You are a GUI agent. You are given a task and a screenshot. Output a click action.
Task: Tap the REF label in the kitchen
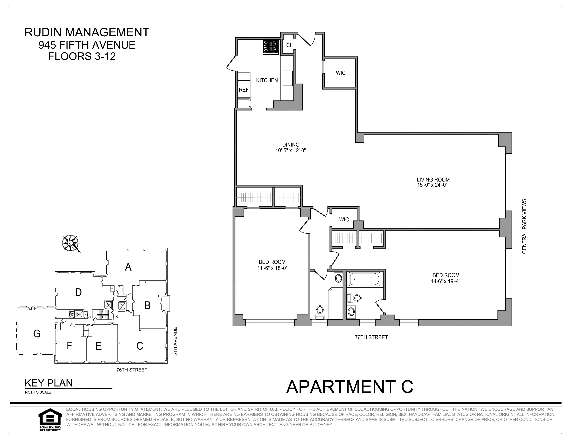[244, 90]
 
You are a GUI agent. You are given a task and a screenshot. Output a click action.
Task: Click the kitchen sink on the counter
[288, 78]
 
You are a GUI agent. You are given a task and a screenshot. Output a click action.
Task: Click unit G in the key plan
[37, 334]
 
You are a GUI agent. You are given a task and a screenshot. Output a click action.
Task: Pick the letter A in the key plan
[128, 267]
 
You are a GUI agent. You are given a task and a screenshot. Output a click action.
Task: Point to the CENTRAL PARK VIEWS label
[524, 226]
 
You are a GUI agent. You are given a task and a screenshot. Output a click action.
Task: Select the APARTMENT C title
[350, 387]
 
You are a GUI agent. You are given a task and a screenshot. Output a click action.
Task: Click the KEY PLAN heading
[49, 383]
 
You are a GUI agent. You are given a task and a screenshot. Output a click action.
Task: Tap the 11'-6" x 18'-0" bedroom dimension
[272, 268]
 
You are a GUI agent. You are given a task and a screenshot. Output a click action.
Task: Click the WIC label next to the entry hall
[341, 73]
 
